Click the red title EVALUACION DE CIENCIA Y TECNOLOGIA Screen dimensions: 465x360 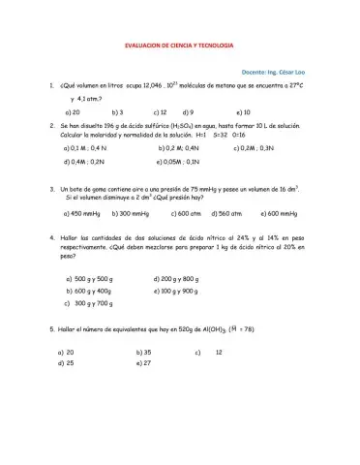181,47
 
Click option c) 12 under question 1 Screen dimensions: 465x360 162,112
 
